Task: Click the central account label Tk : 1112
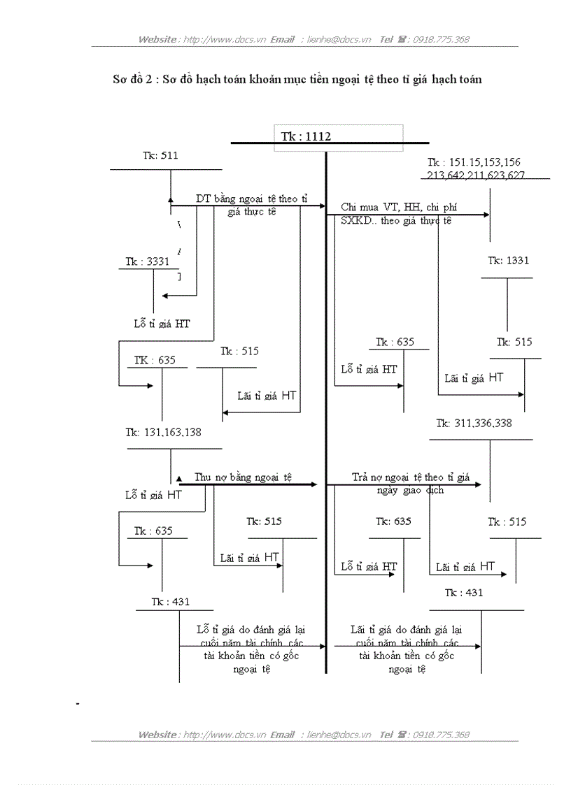point(306,137)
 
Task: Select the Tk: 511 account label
point(160,155)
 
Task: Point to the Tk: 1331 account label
point(509,260)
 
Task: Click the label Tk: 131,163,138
point(164,432)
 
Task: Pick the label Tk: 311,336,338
point(474,423)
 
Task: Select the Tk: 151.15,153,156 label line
point(474,162)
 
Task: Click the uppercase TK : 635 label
point(155,361)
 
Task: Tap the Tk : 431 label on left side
point(171,602)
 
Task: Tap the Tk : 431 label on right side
point(464,592)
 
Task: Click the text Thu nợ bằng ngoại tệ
point(244,477)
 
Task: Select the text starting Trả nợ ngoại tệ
point(410,478)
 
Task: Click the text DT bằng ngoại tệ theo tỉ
point(251,199)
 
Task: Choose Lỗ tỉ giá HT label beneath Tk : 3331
point(162,324)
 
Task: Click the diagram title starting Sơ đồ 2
point(297,79)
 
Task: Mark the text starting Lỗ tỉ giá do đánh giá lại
point(251,629)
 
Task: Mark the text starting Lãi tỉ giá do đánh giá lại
point(406,629)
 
